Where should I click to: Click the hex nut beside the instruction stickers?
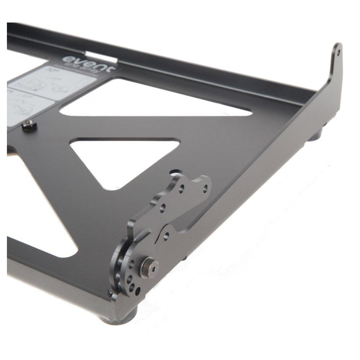pos(29,125)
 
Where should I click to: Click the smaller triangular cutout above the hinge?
pos(125,159)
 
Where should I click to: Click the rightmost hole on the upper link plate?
pos(205,189)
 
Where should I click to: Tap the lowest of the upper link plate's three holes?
pos(163,208)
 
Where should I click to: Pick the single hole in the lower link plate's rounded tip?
pos(166,236)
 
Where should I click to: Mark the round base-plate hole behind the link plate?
pos(175,172)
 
